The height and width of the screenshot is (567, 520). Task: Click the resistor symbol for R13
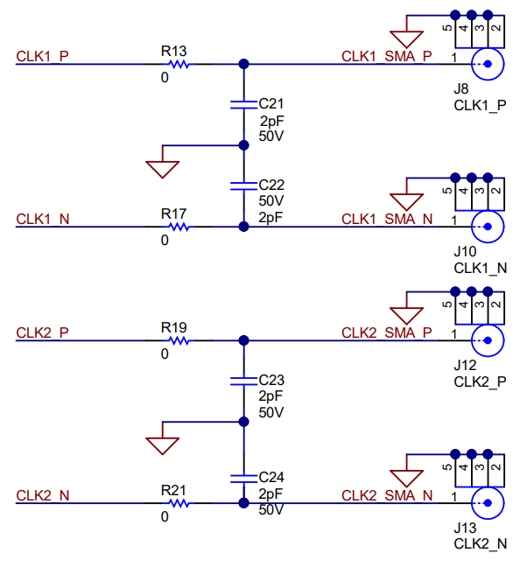[x=179, y=64]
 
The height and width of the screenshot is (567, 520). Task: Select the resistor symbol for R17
[x=179, y=227]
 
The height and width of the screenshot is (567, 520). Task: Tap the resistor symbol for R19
[x=179, y=340]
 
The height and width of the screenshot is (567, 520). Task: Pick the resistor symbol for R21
[x=179, y=503]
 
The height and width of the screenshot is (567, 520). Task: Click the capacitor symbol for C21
[x=243, y=104]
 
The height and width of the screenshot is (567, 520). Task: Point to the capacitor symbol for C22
[x=243, y=185]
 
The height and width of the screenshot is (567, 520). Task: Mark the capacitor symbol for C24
[x=243, y=478]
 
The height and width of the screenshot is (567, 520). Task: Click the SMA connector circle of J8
[x=488, y=64]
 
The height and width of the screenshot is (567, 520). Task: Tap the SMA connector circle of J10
[x=488, y=227]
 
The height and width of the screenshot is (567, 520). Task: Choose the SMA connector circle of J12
[x=488, y=340]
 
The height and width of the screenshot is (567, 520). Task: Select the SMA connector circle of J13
[x=488, y=503]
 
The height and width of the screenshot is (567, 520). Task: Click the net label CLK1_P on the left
[x=43, y=56]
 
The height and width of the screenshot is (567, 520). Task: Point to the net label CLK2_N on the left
[x=43, y=495]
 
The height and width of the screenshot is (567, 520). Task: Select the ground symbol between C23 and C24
[x=163, y=444]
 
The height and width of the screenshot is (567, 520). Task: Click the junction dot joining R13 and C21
[x=243, y=64]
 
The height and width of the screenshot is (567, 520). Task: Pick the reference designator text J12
[x=465, y=365]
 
